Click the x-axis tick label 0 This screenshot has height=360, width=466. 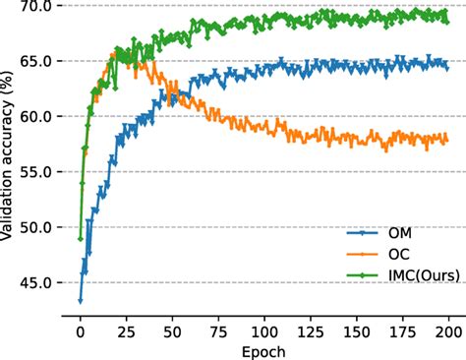click(81, 330)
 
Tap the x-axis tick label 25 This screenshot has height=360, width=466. click(127, 330)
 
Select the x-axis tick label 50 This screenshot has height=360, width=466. click(173, 330)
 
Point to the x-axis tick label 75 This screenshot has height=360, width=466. click(219, 330)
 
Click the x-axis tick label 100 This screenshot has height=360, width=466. click(264, 330)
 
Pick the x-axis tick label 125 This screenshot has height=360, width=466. click(311, 330)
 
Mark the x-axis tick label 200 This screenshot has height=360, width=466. click(448, 330)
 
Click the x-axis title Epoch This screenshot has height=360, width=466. click(263, 349)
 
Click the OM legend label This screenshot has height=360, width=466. click(398, 233)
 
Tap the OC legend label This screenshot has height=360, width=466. click(397, 254)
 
